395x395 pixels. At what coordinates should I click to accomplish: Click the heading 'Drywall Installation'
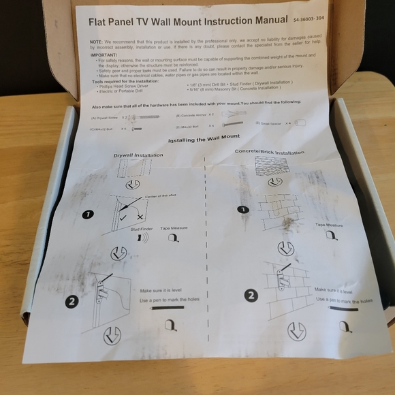(x=138, y=155)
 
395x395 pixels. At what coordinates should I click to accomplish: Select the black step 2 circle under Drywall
(x=73, y=301)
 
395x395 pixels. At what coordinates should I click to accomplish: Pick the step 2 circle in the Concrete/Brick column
(x=251, y=296)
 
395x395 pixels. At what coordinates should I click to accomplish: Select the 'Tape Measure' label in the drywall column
(x=175, y=229)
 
